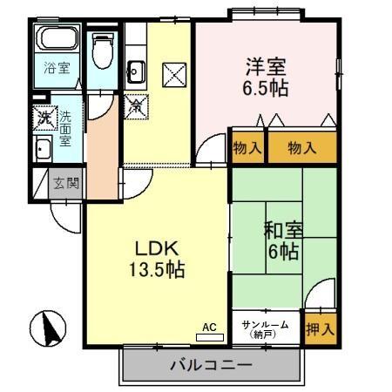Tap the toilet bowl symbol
click(104, 51)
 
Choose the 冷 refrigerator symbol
click(138, 108)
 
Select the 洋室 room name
click(266, 66)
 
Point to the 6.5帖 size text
click(266, 88)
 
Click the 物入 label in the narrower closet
click(247, 149)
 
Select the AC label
click(208, 327)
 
